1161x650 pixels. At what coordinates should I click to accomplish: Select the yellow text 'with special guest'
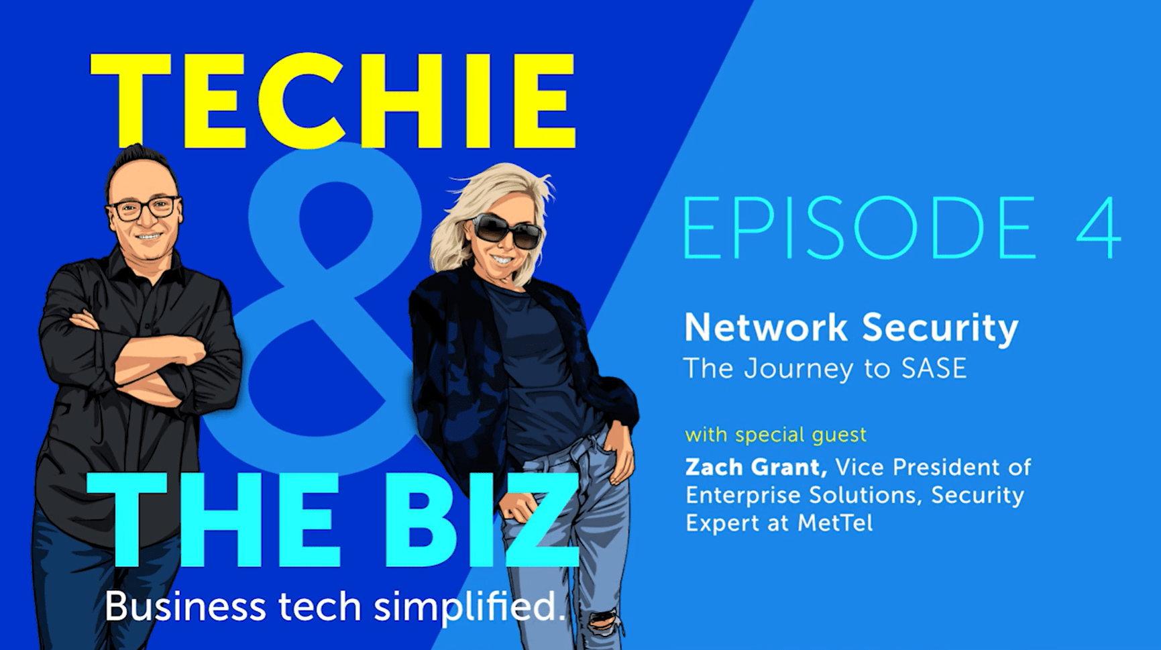pos(775,435)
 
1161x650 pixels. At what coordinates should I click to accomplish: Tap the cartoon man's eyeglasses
pos(145,208)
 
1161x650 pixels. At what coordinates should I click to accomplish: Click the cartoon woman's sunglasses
pos(507,231)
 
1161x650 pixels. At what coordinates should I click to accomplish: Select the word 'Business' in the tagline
pos(185,607)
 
